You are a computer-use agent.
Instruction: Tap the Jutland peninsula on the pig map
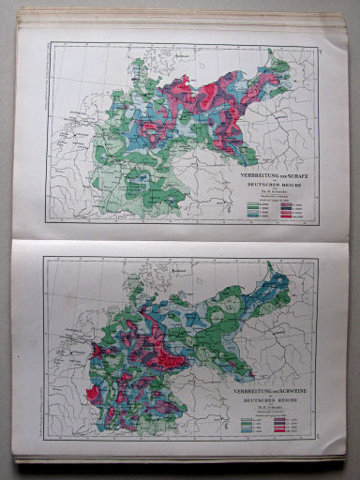click(x=141, y=273)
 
